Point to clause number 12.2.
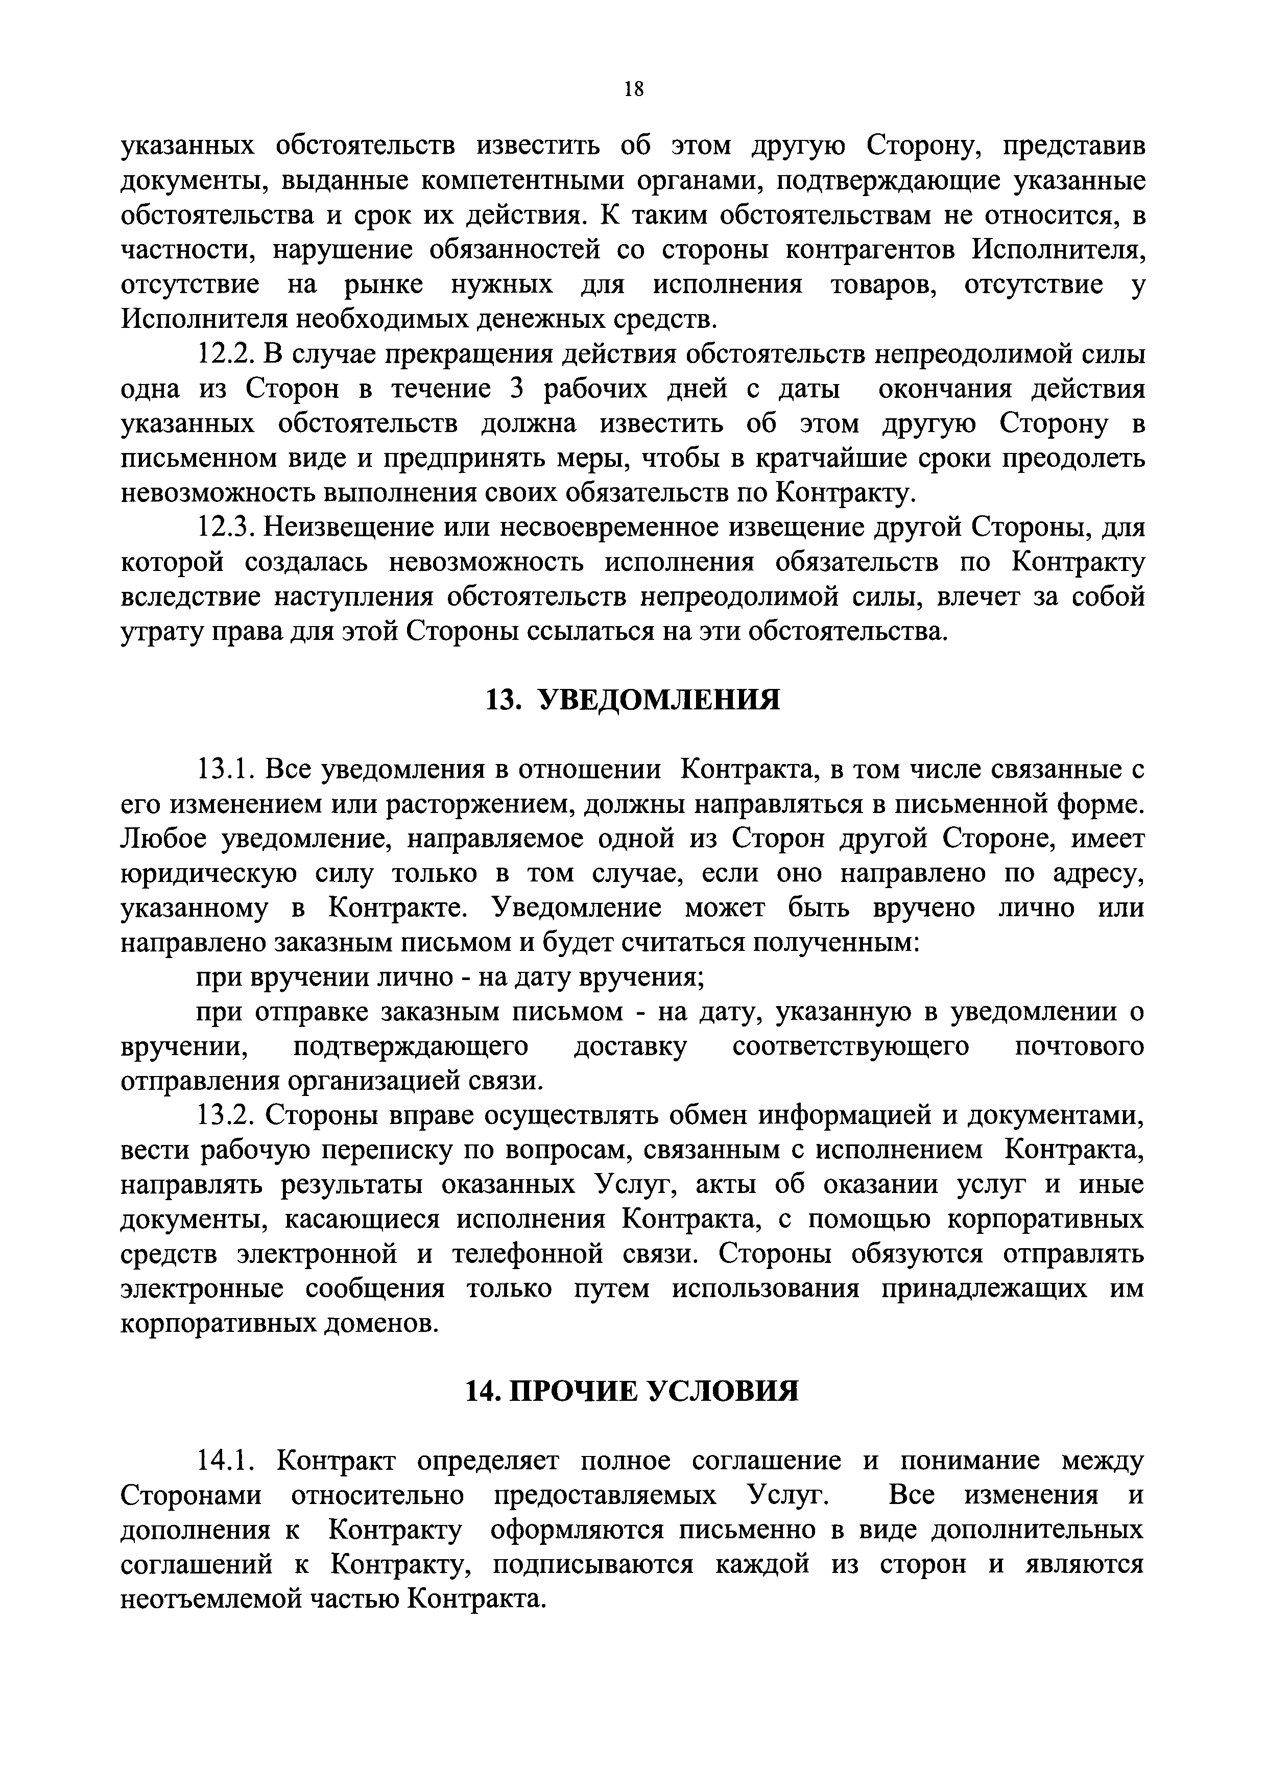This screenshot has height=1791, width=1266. pyautogui.click(x=222, y=354)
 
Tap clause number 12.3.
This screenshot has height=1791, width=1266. pyautogui.click(x=222, y=528)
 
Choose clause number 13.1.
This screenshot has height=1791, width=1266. pyautogui.click(x=222, y=770)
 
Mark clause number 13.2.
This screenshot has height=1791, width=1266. pyautogui.click(x=222, y=1116)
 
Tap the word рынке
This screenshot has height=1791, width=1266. pyautogui.click(x=383, y=285)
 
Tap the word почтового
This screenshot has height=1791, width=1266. pyautogui.click(x=1080, y=1047)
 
